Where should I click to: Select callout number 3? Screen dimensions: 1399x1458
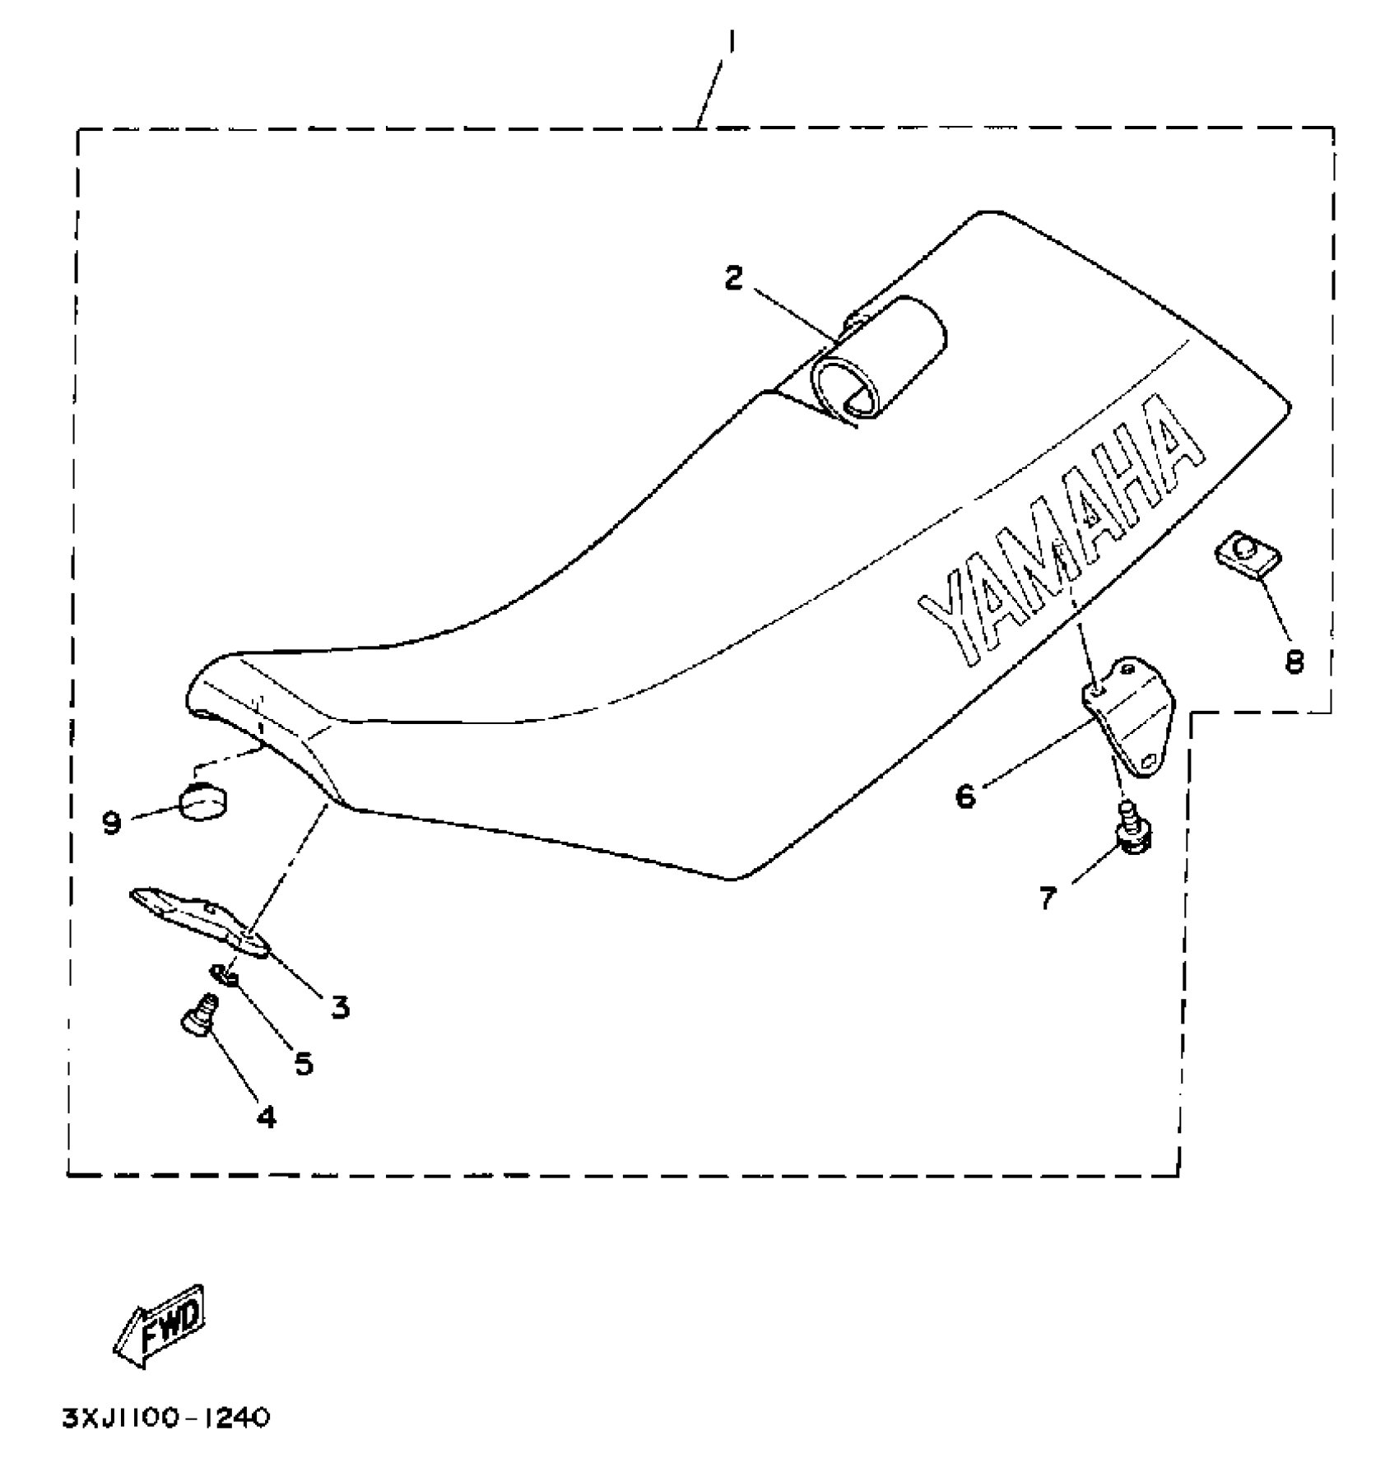[x=340, y=1006]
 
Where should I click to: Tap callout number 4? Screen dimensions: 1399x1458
[x=266, y=1117]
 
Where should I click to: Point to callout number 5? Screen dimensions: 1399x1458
[x=304, y=1064]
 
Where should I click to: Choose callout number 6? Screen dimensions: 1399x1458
[x=964, y=796]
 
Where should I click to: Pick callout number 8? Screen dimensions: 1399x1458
[x=1294, y=660]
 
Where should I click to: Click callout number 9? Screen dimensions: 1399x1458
[x=112, y=821]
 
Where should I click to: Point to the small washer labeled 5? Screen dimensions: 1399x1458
[x=225, y=974]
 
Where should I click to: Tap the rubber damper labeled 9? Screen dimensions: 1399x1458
[x=204, y=801]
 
